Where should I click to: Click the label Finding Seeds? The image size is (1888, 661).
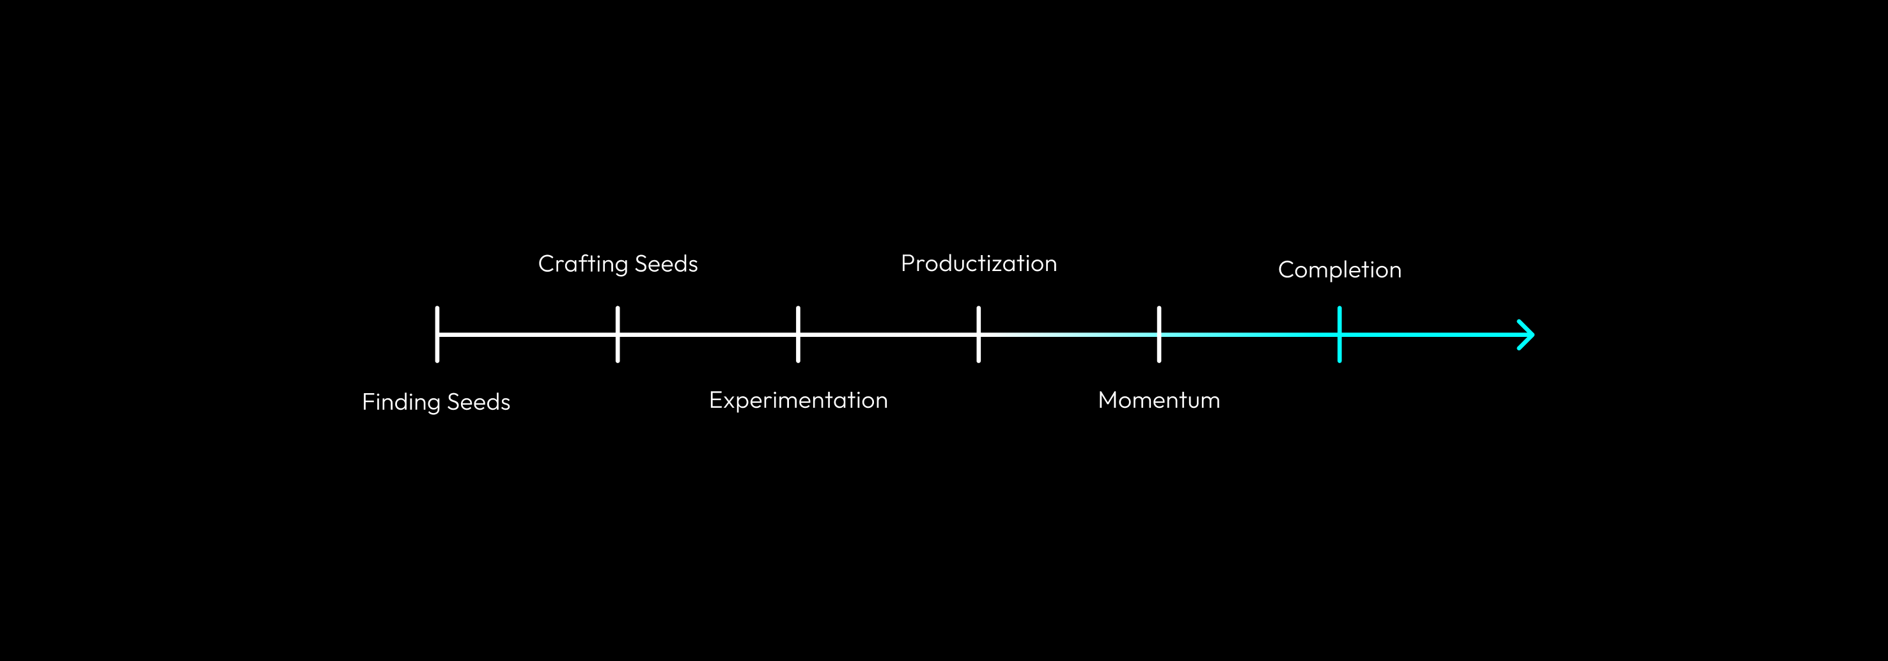coord(436,401)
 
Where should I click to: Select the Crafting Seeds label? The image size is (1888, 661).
coord(618,264)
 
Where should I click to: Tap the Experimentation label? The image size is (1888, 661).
coord(798,400)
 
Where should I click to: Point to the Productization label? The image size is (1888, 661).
coord(978,263)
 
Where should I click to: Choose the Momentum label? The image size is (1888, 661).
coord(1159,400)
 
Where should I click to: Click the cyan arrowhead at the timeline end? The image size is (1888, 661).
coord(1526,335)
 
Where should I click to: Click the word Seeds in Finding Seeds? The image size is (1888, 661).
coord(479,401)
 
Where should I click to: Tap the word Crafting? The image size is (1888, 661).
coord(582,264)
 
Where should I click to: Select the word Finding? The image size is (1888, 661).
coord(401,401)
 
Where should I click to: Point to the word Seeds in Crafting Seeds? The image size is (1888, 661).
coord(666,264)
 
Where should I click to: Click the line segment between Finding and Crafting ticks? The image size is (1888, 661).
coord(527,335)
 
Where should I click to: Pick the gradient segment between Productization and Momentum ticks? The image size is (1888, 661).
coord(1068,335)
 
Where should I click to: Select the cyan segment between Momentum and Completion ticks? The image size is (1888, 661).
coord(1249,335)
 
